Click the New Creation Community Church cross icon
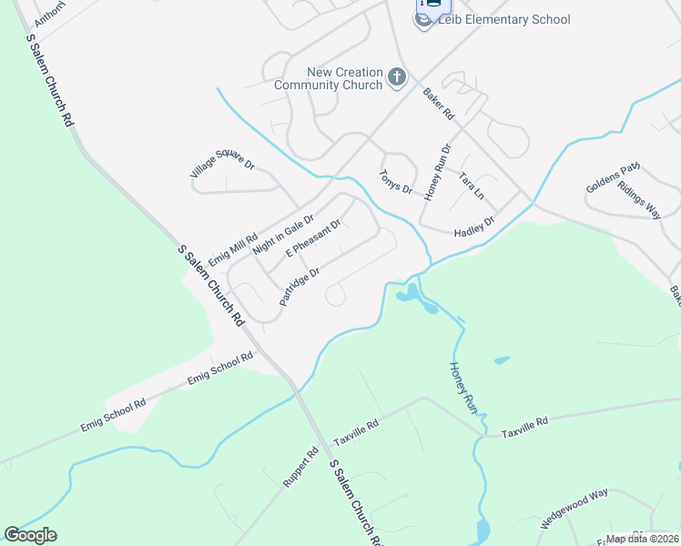pyautogui.click(x=396, y=78)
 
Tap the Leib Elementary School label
pyautogui.click(x=503, y=19)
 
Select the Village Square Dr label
pyautogui.click(x=221, y=164)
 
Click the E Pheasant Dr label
pyautogui.click(x=313, y=238)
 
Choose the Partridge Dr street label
pyautogui.click(x=300, y=287)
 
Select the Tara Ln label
pyautogui.click(x=472, y=187)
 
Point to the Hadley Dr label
pyautogui.click(x=474, y=227)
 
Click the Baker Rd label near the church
pyautogui.click(x=438, y=104)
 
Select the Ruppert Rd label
pyautogui.click(x=300, y=467)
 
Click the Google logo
pyautogui.click(x=30, y=535)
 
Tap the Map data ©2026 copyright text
pyautogui.click(x=643, y=539)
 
